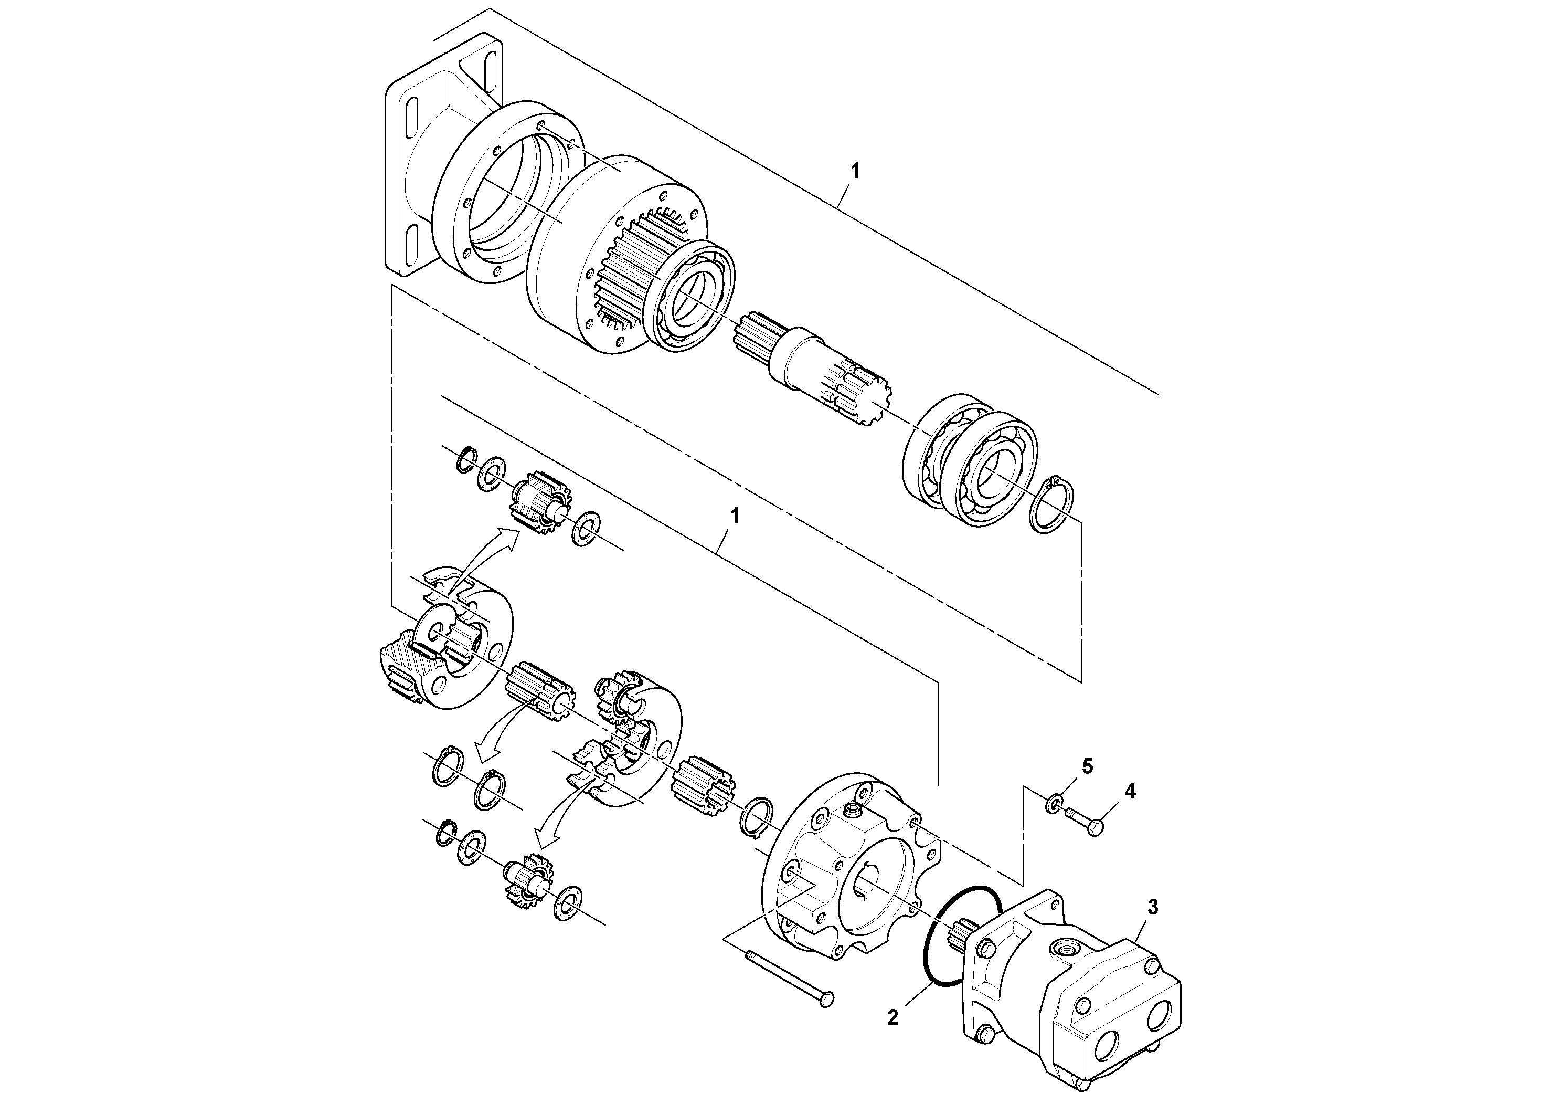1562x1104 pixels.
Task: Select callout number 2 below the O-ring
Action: pos(892,1018)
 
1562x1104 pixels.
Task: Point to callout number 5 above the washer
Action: pos(1088,767)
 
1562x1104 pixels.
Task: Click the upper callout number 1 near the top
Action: pos(856,172)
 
